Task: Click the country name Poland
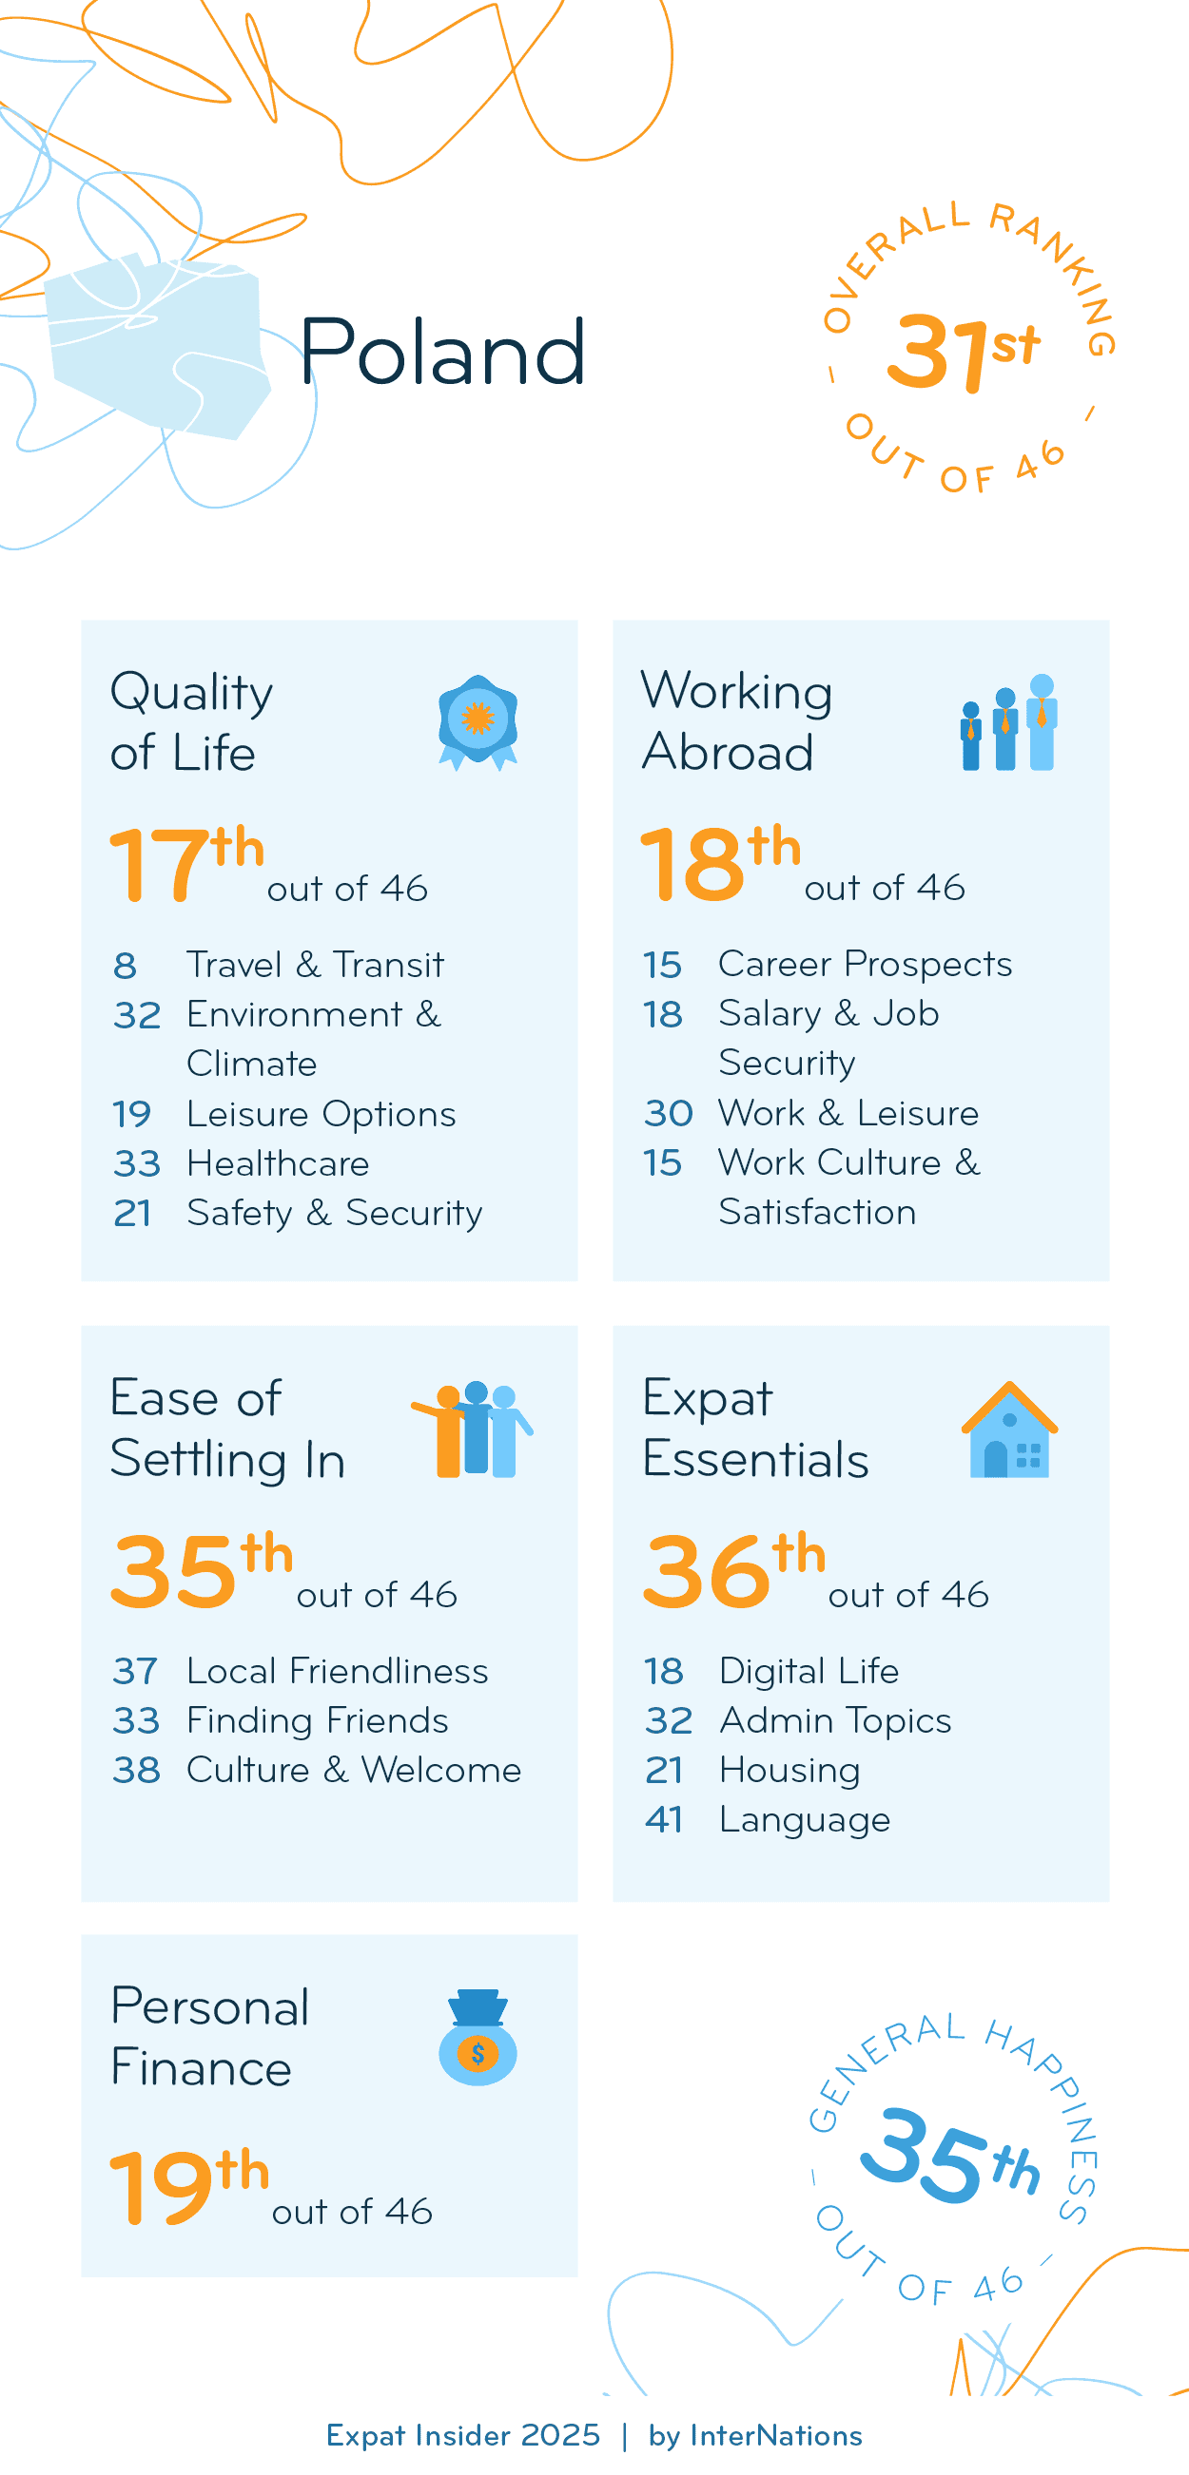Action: click(x=442, y=352)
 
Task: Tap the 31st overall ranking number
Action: click(x=962, y=352)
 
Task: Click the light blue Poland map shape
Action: click(x=159, y=346)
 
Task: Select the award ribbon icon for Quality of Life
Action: click(x=478, y=721)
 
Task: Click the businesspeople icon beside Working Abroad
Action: click(x=1009, y=722)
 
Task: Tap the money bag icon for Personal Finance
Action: click(x=478, y=2037)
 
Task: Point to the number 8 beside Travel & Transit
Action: click(x=125, y=966)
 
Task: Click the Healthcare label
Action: click(x=278, y=1163)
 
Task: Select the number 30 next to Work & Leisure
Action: click(x=668, y=1114)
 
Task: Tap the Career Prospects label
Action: click(x=865, y=964)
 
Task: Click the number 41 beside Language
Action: click(x=664, y=1820)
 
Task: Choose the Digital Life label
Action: click(x=809, y=1671)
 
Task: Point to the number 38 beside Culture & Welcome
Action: click(x=136, y=1770)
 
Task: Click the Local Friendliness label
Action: click(x=338, y=1671)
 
